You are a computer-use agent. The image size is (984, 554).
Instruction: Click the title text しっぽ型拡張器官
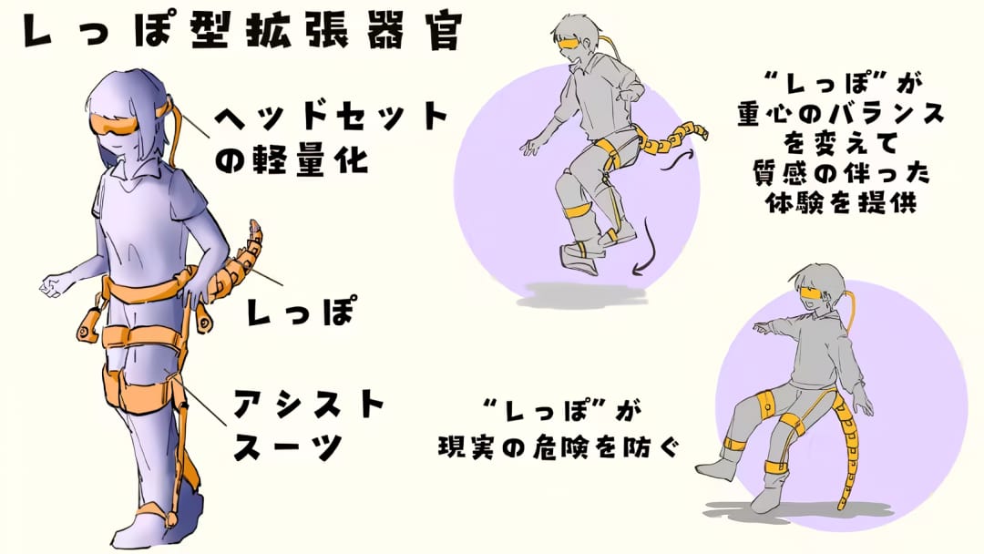[x=241, y=31]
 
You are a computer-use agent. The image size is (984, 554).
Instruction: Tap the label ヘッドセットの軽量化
[x=332, y=138]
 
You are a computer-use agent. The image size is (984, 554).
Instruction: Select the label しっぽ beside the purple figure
[x=301, y=310]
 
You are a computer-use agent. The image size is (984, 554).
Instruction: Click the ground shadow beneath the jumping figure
[x=584, y=295]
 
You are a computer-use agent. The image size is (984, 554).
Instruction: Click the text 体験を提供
[x=841, y=202]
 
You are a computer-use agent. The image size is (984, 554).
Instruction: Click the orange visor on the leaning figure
[x=815, y=292]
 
